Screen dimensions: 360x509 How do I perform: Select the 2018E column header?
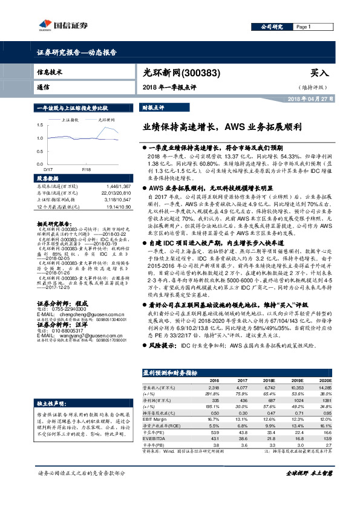pos(254,381)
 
